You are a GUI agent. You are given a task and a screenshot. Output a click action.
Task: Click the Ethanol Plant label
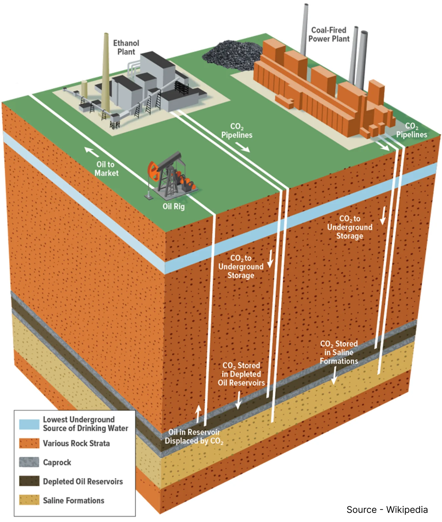tap(126, 47)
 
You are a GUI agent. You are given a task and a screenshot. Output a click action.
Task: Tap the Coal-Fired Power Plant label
tap(329, 34)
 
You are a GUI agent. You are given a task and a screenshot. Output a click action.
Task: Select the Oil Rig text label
tap(174, 206)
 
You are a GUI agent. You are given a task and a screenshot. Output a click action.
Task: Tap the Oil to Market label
tap(106, 169)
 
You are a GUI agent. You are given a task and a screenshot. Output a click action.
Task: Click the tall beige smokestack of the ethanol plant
tap(106, 72)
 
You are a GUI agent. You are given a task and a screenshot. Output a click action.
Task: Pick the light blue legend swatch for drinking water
tap(29, 424)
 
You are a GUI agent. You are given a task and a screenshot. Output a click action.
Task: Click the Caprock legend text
tap(57, 462)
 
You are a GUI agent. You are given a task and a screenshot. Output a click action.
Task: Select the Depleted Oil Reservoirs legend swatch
tap(29, 481)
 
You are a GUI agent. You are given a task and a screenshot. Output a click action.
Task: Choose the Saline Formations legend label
tap(74, 500)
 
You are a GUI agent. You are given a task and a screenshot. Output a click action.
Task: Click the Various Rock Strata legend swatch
tap(29, 443)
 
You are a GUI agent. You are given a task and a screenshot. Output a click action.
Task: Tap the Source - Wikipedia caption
tap(387, 510)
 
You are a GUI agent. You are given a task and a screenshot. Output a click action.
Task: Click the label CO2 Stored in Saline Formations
tap(339, 352)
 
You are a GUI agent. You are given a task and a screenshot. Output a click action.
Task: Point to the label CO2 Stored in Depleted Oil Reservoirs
tap(241, 374)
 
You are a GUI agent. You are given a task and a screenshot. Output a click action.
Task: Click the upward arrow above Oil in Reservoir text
tap(197, 414)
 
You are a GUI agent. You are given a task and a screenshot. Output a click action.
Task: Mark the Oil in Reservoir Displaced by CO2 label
tap(194, 437)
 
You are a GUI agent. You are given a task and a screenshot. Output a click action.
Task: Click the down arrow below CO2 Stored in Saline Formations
tap(334, 375)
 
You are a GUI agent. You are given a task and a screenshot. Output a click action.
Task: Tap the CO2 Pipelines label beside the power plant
tap(412, 130)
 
